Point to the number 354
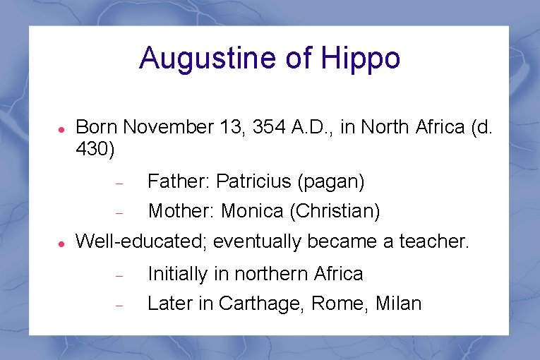(269, 127)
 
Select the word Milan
(398, 304)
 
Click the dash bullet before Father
(119, 183)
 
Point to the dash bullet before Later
(119, 305)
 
